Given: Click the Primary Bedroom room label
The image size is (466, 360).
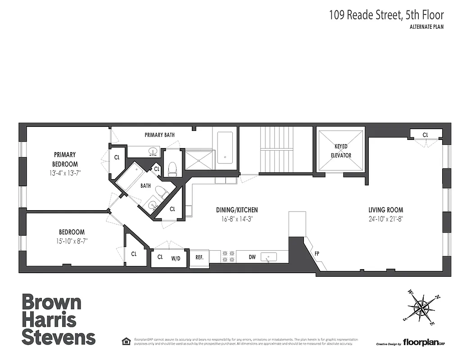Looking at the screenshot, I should click(x=65, y=159).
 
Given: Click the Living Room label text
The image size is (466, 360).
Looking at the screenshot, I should click(x=385, y=210).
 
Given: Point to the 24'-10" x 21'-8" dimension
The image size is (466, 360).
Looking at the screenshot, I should click(x=385, y=219).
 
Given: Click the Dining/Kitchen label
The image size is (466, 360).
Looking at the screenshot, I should click(x=237, y=210).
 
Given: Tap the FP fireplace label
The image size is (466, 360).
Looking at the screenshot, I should click(x=317, y=253).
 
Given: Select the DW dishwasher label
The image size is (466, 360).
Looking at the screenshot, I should click(x=252, y=257).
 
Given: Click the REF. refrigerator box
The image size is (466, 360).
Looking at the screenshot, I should click(x=199, y=258).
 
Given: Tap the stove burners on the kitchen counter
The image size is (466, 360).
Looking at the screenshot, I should click(x=228, y=257).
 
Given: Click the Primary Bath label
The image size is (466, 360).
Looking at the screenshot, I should click(x=159, y=135).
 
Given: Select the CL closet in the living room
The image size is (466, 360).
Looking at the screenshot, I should click(x=425, y=135).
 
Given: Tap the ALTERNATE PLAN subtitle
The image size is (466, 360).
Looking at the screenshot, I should click(x=427, y=27).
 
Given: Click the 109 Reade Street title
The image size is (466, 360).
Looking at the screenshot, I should click(x=386, y=15).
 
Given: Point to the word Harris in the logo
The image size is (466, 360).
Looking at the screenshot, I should click(x=49, y=320).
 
